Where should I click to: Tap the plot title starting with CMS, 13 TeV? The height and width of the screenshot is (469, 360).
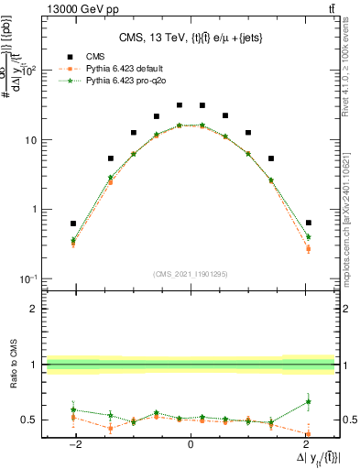(x=190, y=38)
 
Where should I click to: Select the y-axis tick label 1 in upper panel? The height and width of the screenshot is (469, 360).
(x=35, y=209)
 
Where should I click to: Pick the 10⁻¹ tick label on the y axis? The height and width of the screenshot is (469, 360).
(x=29, y=278)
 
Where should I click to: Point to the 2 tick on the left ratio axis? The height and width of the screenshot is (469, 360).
(x=35, y=310)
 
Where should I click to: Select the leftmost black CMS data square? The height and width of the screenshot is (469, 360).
(x=73, y=224)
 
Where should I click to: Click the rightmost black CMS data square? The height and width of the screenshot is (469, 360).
(x=308, y=223)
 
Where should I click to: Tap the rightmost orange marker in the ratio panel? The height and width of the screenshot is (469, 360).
(x=308, y=433)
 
